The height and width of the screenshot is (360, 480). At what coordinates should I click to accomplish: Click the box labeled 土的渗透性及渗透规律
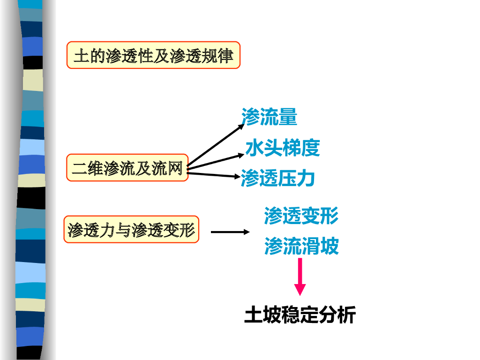[x=153, y=55]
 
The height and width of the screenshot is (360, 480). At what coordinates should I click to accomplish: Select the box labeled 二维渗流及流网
[x=127, y=168]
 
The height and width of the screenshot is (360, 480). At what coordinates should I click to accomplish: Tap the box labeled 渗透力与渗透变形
[x=131, y=230]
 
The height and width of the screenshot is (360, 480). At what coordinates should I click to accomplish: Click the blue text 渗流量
[x=269, y=117]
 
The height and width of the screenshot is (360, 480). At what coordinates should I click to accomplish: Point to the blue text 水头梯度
[x=283, y=148]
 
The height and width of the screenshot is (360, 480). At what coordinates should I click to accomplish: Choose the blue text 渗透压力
[x=277, y=178]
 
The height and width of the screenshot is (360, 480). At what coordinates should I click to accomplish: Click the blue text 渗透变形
[x=301, y=216]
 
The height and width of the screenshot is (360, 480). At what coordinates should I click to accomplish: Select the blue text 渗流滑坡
[x=301, y=246]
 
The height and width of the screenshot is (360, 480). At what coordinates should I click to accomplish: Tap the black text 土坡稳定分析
[x=300, y=315]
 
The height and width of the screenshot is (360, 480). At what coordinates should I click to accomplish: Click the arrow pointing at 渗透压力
[x=214, y=174]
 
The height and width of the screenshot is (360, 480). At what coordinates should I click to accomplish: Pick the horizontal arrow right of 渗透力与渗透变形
[x=230, y=232]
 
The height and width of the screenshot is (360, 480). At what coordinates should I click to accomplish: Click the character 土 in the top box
[x=81, y=56]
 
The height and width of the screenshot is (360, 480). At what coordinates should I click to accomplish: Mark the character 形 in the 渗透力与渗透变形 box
[x=187, y=230]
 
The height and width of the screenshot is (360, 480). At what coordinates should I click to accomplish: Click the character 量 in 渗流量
[x=288, y=117]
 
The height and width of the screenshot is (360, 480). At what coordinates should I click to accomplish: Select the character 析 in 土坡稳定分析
[x=346, y=315]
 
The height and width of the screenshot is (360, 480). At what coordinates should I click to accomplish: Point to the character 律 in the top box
[x=225, y=56]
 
